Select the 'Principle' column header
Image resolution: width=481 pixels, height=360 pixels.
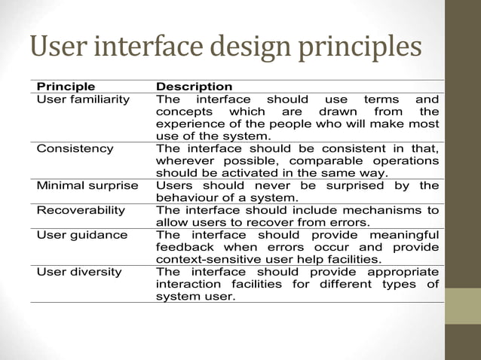tap(66, 87)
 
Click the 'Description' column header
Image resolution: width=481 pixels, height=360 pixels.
tap(194, 87)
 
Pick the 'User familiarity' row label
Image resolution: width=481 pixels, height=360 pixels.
tap(83, 99)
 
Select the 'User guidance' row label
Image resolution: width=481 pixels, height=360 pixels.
tap(79, 234)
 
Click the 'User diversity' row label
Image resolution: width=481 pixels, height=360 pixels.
tap(79, 271)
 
